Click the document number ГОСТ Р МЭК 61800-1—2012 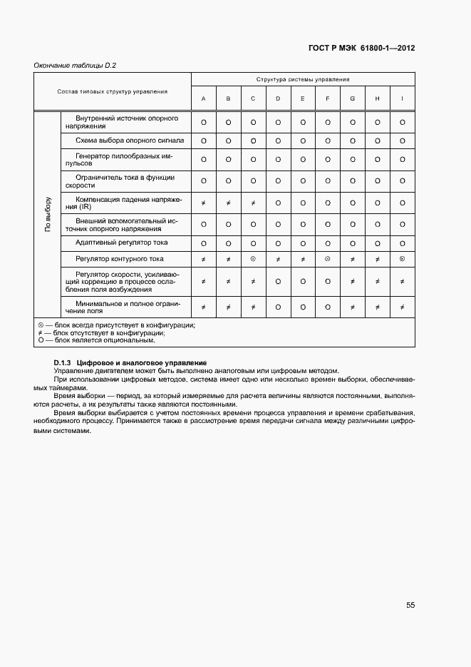click(363, 49)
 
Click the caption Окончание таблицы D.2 click(75, 66)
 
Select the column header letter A click(204, 98)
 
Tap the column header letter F click(328, 98)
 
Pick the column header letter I click(403, 98)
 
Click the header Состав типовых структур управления click(113, 91)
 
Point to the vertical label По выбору click(48, 214)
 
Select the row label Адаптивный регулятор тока click(122, 243)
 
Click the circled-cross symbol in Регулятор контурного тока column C click(253, 259)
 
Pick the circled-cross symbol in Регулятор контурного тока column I click(403, 259)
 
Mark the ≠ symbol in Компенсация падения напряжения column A click(204, 203)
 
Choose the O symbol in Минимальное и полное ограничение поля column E click(303, 307)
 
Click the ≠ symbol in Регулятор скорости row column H click(378, 282)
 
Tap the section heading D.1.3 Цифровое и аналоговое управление click(130, 363)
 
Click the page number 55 click(410, 605)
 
